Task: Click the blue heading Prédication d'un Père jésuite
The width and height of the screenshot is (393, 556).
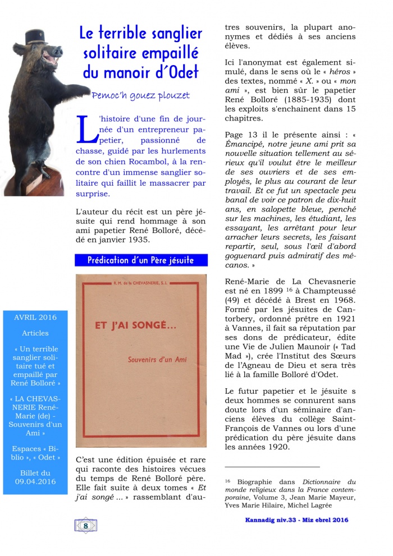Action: (141, 260)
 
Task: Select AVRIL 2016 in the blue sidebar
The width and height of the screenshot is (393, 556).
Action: (35, 318)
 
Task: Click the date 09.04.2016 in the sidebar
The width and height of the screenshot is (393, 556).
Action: (35, 481)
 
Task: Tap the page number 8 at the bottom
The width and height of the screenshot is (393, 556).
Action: (85, 526)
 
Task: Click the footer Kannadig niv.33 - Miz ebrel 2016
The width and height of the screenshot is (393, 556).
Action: (296, 520)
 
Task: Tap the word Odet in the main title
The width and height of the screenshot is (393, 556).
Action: (182, 72)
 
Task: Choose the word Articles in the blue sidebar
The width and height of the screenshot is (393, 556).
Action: (35, 333)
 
